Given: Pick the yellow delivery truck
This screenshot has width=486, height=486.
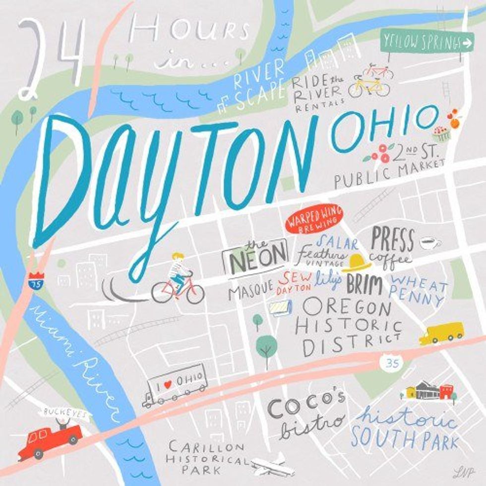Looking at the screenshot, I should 441,333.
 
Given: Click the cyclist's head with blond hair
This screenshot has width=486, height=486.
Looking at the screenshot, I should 177,257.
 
